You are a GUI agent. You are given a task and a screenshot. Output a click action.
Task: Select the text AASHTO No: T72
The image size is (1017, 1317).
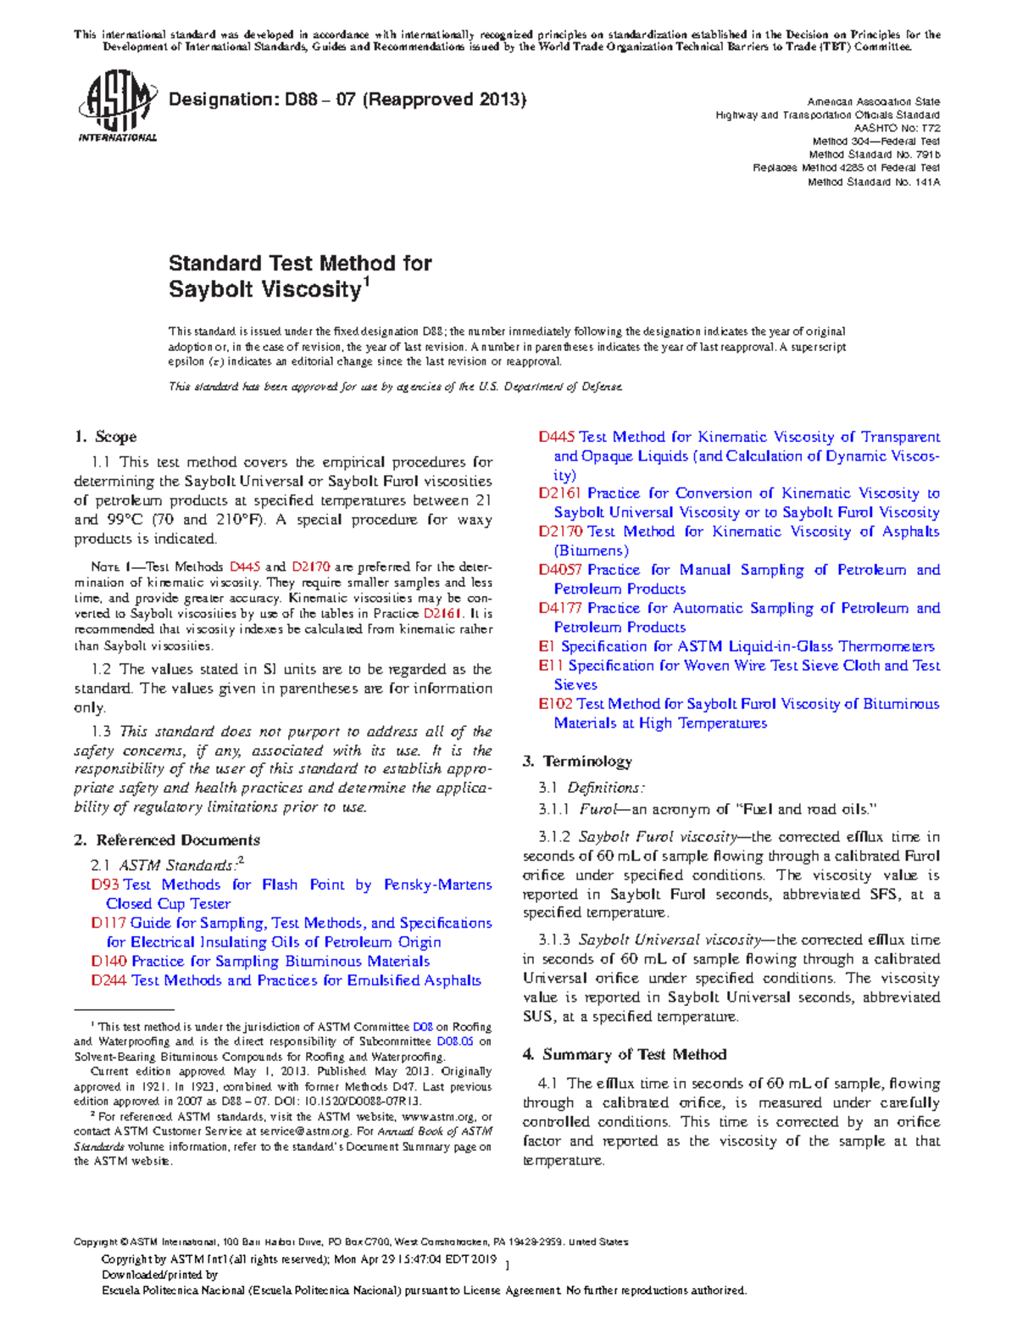pos(897,128)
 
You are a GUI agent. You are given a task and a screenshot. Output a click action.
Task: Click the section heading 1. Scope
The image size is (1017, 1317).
pos(105,437)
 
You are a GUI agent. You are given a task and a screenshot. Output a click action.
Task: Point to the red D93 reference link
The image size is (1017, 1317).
pos(105,885)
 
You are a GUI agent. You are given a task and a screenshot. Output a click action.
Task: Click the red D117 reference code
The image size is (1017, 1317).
pos(108,923)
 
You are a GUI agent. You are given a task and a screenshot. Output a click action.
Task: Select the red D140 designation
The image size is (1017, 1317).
pos(108,961)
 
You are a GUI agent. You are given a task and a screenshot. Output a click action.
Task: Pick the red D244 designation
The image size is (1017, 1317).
pos(108,980)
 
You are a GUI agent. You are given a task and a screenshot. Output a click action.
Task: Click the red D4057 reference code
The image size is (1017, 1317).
pos(560,570)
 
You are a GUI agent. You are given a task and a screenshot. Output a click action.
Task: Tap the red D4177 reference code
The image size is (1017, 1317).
pos(560,608)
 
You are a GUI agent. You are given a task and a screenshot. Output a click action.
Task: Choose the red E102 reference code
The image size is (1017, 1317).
pos(555,704)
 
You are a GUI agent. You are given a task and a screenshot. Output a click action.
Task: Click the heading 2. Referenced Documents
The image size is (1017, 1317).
pos(167,840)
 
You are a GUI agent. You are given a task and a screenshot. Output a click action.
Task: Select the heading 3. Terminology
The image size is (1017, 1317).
pos(577,762)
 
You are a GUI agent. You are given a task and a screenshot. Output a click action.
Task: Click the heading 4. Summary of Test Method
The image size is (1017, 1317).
pos(625,1054)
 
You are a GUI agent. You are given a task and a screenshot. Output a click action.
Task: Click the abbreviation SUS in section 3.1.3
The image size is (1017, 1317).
pos(538,1017)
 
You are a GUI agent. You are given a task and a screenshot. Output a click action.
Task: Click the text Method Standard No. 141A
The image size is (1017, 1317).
pos(873,181)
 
